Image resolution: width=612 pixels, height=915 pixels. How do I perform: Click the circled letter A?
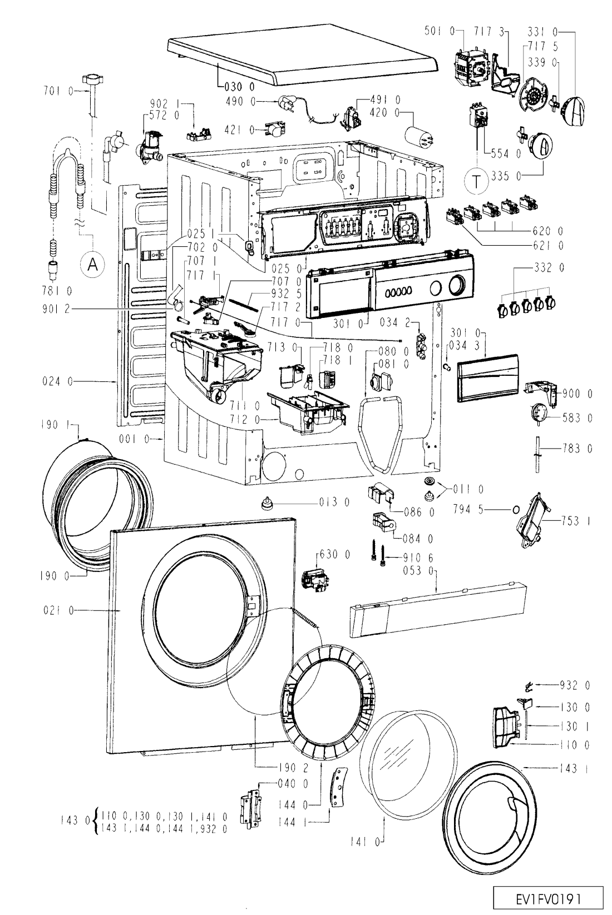93,265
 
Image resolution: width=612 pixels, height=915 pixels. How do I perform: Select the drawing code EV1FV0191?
548,899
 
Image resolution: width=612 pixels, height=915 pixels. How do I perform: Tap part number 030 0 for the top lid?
240,87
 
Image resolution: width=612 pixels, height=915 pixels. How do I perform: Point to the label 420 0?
384,112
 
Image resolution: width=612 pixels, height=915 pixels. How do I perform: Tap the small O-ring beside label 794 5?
516,509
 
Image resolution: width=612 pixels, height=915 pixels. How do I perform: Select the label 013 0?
334,502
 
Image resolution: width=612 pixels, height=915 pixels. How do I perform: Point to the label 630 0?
335,554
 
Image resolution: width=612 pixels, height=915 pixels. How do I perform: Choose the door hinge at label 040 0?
251,805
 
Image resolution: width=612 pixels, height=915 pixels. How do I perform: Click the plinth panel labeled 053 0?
438,610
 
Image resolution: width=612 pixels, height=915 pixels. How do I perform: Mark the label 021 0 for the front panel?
58,610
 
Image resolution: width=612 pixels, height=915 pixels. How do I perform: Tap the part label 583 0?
578,417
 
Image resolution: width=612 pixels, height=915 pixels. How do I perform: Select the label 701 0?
58,91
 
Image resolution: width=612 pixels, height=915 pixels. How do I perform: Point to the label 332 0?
549,267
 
